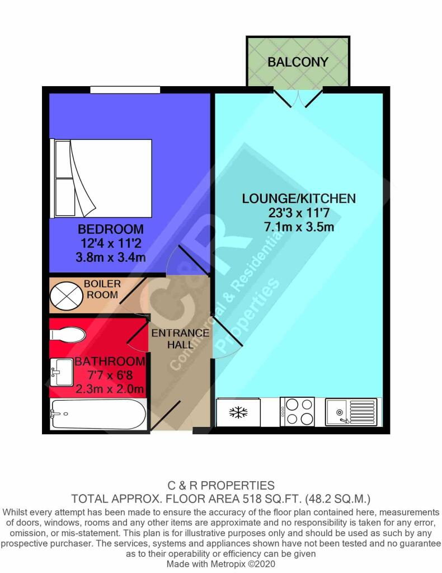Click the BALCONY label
click(x=298, y=62)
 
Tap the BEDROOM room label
click(x=111, y=229)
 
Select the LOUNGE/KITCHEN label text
click(x=299, y=199)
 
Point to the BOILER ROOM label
click(x=102, y=289)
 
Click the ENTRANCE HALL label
click(x=180, y=339)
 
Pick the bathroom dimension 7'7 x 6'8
click(x=110, y=375)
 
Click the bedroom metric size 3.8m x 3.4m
click(x=111, y=257)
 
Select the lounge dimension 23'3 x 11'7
click(x=299, y=213)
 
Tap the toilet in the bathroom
click(x=68, y=335)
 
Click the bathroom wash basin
click(x=62, y=372)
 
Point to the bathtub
click(x=98, y=414)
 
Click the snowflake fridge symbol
click(x=238, y=412)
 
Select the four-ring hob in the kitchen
click(x=297, y=411)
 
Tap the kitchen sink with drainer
click(x=351, y=412)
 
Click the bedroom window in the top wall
click(x=125, y=90)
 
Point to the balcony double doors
click(x=298, y=97)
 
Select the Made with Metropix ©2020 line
click(x=220, y=564)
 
